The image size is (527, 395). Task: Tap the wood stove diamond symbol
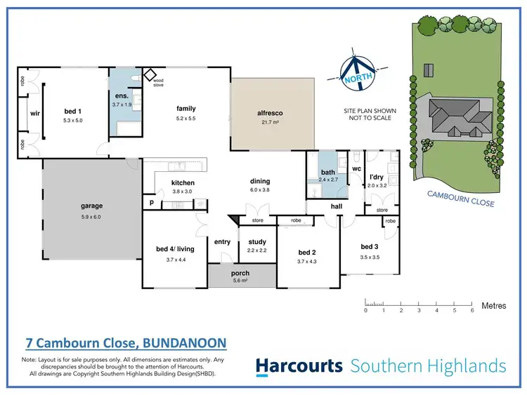point(149,74)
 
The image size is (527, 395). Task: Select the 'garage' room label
point(91,206)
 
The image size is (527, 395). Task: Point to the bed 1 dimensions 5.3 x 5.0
point(71,119)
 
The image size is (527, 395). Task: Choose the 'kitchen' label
point(183,183)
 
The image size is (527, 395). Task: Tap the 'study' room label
point(257,242)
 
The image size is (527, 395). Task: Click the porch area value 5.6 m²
point(240,281)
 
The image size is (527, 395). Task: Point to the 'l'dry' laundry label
point(377,177)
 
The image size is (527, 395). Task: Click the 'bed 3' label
point(370,247)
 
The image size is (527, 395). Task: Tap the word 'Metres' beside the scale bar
point(494,306)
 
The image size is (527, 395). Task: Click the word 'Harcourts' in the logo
point(299,366)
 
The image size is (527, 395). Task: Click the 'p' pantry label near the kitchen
point(151,201)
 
